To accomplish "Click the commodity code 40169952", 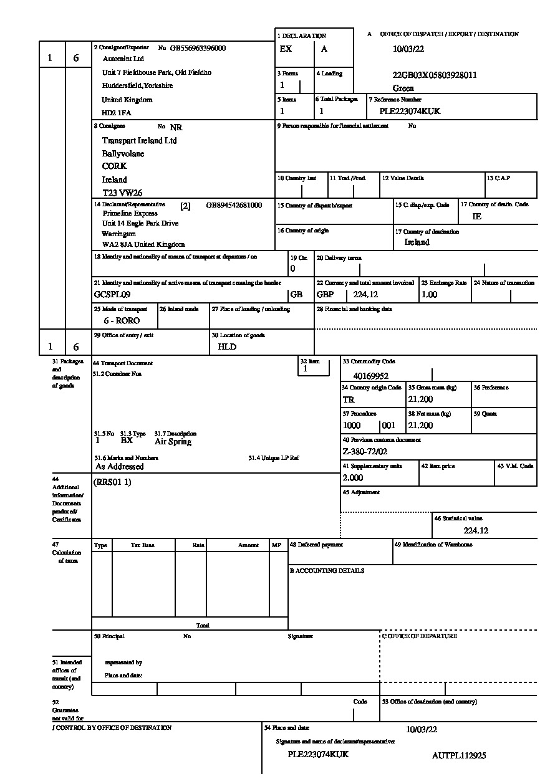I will pos(370,376).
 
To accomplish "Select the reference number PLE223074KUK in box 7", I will pos(410,112).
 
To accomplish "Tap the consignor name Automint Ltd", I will pos(123,59).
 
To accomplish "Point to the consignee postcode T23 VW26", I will pos(122,193).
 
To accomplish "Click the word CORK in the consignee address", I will pos(115,166).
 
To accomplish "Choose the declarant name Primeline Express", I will pos(130,213).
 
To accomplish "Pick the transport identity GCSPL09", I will pos(112,295).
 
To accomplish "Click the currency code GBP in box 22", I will pos(326,295).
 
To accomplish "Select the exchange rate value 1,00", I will pos(430,295).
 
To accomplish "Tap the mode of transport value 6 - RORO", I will pos(122,321).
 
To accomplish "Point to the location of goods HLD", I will pos(227,347).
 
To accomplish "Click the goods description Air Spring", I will pos(173,442).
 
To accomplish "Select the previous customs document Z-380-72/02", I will pos(365,452).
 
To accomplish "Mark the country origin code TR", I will pos(349,399).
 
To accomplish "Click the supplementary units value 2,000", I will pos(353,478).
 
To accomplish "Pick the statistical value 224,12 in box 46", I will pos(476,531).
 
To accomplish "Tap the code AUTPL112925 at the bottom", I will pos(459,756).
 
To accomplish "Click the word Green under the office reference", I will pos(403,88).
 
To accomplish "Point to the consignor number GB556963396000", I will pos(198,48).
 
